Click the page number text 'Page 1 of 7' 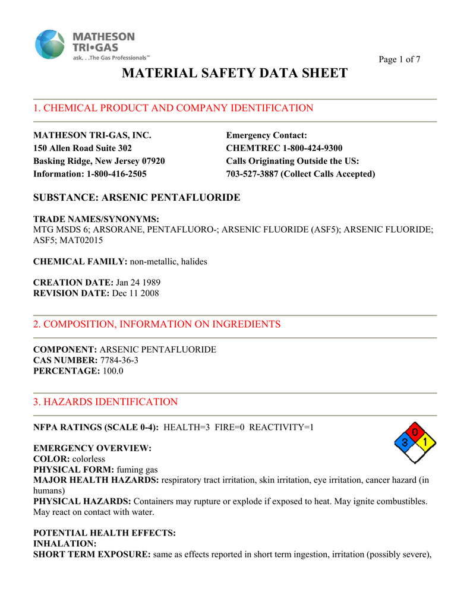[400, 59]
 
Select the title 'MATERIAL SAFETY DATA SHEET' [235, 73]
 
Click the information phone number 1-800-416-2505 [116, 174]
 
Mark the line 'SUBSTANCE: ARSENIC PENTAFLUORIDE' [137, 198]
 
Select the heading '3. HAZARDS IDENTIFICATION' [106, 402]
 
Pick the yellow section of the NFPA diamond [426, 442]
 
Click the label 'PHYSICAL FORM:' [65, 470]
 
